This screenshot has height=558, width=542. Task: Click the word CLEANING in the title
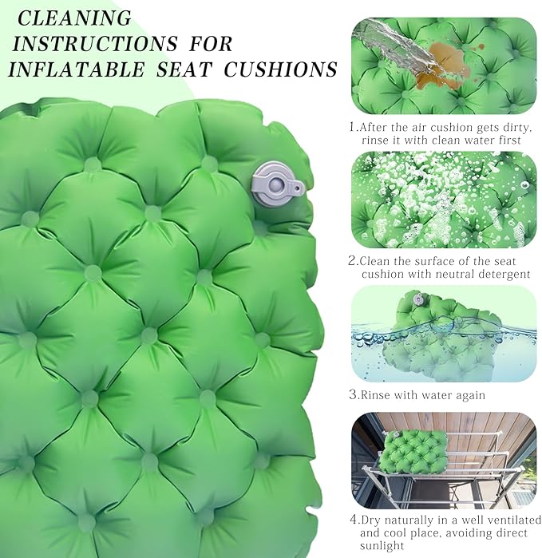click(x=74, y=18)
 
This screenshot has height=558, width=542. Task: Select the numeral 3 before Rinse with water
click(x=353, y=394)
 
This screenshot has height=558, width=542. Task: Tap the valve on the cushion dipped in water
click(x=417, y=299)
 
